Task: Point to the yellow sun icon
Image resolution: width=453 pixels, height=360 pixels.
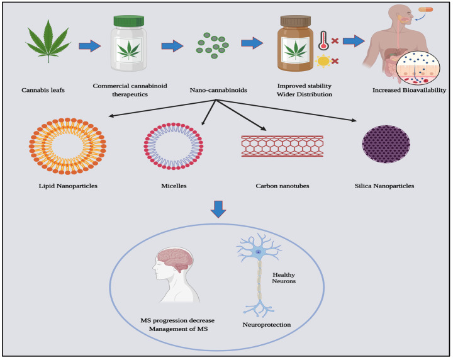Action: click(x=323, y=62)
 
